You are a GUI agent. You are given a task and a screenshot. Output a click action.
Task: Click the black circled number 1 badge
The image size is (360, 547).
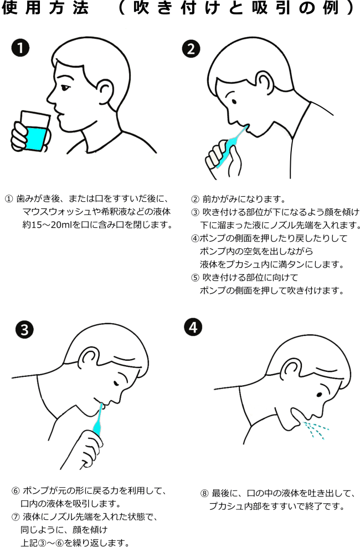tap(20, 49)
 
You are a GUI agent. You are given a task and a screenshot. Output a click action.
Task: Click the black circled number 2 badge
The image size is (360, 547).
tap(191, 49)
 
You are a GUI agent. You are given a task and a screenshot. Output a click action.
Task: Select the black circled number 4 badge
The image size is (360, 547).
tap(192, 328)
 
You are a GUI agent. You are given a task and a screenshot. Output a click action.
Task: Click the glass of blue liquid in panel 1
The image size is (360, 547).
tap(34, 132)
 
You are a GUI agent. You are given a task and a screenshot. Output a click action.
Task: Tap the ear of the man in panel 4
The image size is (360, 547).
tap(289, 369)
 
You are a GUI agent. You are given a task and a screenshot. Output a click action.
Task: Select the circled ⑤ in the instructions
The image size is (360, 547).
tap(195, 277)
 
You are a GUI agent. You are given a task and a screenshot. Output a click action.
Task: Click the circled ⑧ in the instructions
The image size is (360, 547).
tap(204, 493)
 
